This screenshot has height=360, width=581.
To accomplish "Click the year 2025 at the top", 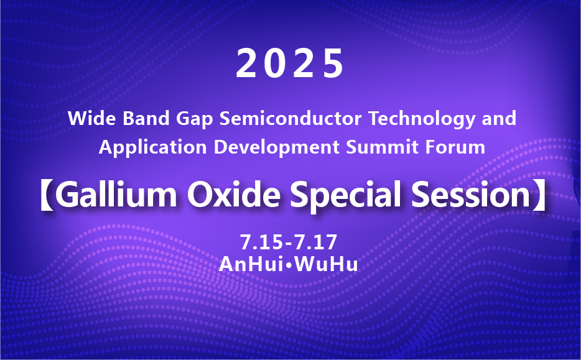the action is (290, 63).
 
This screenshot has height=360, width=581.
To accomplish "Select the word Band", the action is (146, 118).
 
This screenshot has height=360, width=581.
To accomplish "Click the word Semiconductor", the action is (290, 118).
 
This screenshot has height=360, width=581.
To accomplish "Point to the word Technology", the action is (422, 119).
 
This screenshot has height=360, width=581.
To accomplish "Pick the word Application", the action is (152, 148).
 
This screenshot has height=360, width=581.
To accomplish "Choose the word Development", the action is (276, 148).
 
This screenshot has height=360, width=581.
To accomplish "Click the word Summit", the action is (382, 147).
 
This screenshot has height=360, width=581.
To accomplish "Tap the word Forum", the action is (455, 147).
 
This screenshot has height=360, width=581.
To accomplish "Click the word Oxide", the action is (233, 195).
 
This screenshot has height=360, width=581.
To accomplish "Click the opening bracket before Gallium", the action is (47, 195).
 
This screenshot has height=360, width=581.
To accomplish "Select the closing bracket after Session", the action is (539, 195).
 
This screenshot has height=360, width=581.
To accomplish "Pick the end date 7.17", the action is (316, 242).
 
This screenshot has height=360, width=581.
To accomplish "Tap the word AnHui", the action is (251, 264).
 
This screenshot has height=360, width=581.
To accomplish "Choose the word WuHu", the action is (326, 264).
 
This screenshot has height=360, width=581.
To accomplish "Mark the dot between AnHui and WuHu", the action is (289, 265).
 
